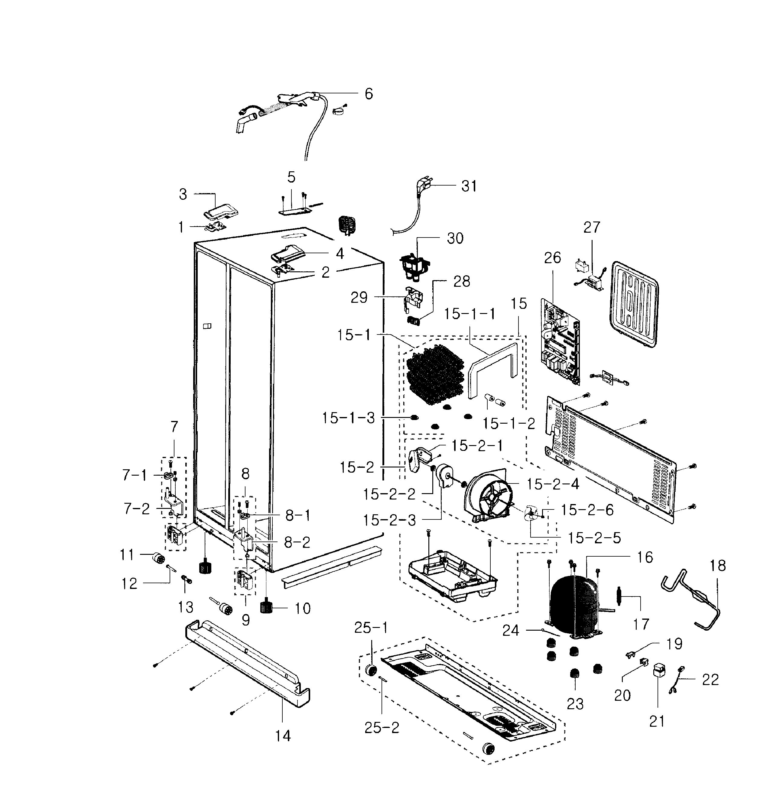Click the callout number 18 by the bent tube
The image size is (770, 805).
[718, 565]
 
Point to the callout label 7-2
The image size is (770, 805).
[137, 509]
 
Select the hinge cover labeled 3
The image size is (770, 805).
[222, 212]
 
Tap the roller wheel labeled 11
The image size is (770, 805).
[157, 558]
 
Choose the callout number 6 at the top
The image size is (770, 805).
[369, 94]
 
